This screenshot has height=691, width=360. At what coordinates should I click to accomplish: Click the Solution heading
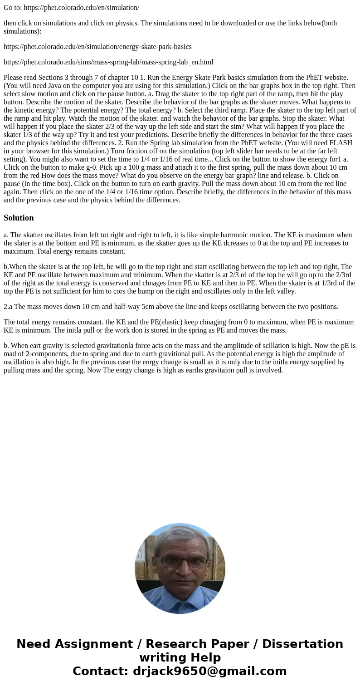(x=19, y=218)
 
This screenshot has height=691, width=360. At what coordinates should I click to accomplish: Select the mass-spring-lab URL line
(x=108, y=62)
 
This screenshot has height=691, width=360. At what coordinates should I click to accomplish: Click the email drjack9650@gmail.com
(x=209, y=671)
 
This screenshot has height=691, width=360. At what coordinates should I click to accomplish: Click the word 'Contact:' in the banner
(x=100, y=671)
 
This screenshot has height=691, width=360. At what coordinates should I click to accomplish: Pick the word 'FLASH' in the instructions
(x=340, y=142)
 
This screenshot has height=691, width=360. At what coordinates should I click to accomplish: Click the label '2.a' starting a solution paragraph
(x=8, y=306)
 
